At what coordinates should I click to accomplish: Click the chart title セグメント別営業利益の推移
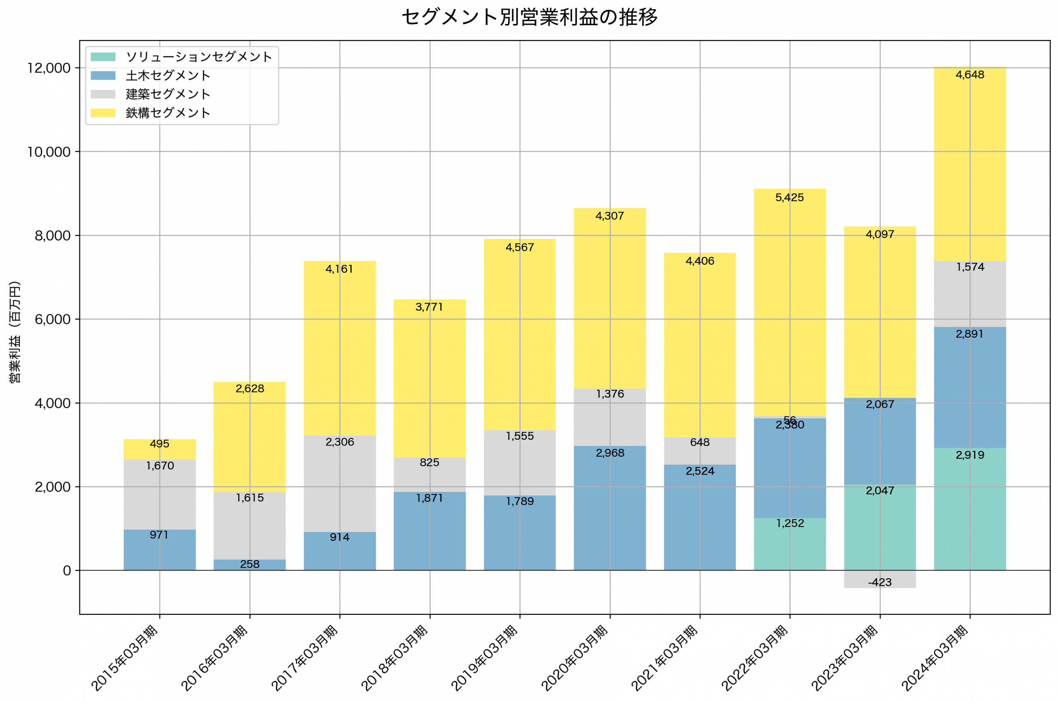coord(529,17)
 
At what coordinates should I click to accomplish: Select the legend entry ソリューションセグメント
coord(199,57)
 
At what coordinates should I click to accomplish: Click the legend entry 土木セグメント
coord(168,76)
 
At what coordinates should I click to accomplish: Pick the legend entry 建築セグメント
coord(168,94)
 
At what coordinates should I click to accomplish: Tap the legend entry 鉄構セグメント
coord(168,113)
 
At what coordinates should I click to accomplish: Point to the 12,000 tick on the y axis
coord(49,68)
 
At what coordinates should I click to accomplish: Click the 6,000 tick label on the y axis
coord(53,320)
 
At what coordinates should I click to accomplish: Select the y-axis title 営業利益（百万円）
coord(15,332)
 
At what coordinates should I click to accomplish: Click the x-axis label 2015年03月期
coord(125,658)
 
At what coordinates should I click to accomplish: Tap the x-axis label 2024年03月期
coord(935,658)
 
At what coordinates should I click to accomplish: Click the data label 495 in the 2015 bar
coord(159,444)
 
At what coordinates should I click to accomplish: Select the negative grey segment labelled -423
coord(879,579)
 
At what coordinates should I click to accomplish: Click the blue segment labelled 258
coord(249,565)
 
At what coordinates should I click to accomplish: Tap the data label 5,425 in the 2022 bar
coord(790,197)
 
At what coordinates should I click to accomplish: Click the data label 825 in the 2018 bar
coord(429,462)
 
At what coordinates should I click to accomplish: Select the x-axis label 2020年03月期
coord(575,658)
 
